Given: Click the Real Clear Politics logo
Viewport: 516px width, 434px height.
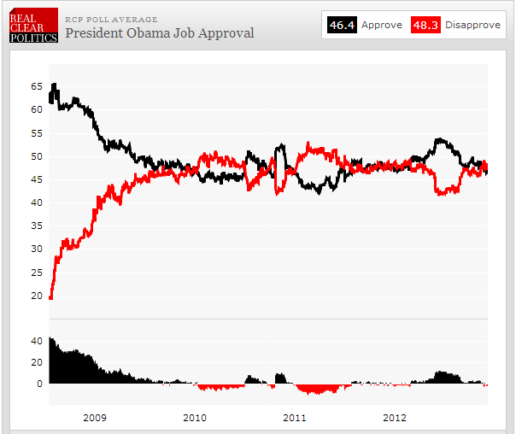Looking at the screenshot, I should tap(33, 26).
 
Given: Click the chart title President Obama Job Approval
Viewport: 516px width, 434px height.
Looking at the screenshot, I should tap(160, 32).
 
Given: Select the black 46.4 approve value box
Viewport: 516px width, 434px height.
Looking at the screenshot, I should tap(342, 25).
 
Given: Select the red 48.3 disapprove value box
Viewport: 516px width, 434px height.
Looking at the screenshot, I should tap(425, 25).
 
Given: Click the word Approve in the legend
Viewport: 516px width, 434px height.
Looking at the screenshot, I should tap(381, 25).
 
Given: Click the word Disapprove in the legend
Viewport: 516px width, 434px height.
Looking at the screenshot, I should tap(472, 25).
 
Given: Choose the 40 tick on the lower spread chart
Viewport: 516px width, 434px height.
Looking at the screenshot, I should tap(37, 340).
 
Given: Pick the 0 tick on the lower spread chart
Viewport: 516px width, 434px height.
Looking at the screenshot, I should tap(39, 384).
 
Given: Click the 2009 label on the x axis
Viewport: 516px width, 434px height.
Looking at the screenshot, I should tap(95, 418).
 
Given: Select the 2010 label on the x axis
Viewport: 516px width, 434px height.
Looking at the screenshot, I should tap(195, 418).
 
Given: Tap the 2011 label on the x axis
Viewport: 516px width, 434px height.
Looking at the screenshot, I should tap(295, 418).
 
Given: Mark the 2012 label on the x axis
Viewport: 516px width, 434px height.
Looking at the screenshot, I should tap(395, 418).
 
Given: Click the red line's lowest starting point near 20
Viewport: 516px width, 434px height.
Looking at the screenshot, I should tap(51, 297).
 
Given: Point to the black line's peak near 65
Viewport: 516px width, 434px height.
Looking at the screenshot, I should tap(55, 85).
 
